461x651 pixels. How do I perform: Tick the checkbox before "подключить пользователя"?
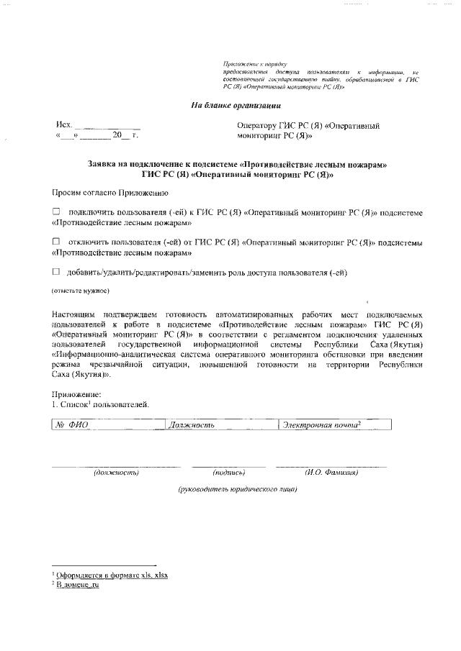[56, 213]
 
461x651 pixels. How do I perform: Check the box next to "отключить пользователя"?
[56, 242]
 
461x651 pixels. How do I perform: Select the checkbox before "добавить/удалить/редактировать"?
[56, 273]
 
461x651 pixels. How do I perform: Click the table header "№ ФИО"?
[71, 425]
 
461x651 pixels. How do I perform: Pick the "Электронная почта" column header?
[321, 425]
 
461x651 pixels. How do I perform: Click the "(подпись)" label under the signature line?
[229, 473]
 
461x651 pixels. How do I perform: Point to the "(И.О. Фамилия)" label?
[331, 473]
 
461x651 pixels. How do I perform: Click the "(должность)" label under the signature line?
[116, 473]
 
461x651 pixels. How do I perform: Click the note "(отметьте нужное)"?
[80, 291]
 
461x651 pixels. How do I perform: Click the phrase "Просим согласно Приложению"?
[110, 193]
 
